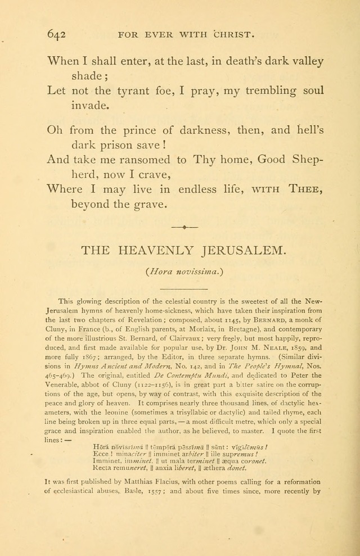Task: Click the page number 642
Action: click(x=56, y=34)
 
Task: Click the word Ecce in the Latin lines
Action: click(x=101, y=453)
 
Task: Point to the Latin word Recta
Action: click(x=103, y=467)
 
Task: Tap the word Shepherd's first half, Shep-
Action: click(x=304, y=160)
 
